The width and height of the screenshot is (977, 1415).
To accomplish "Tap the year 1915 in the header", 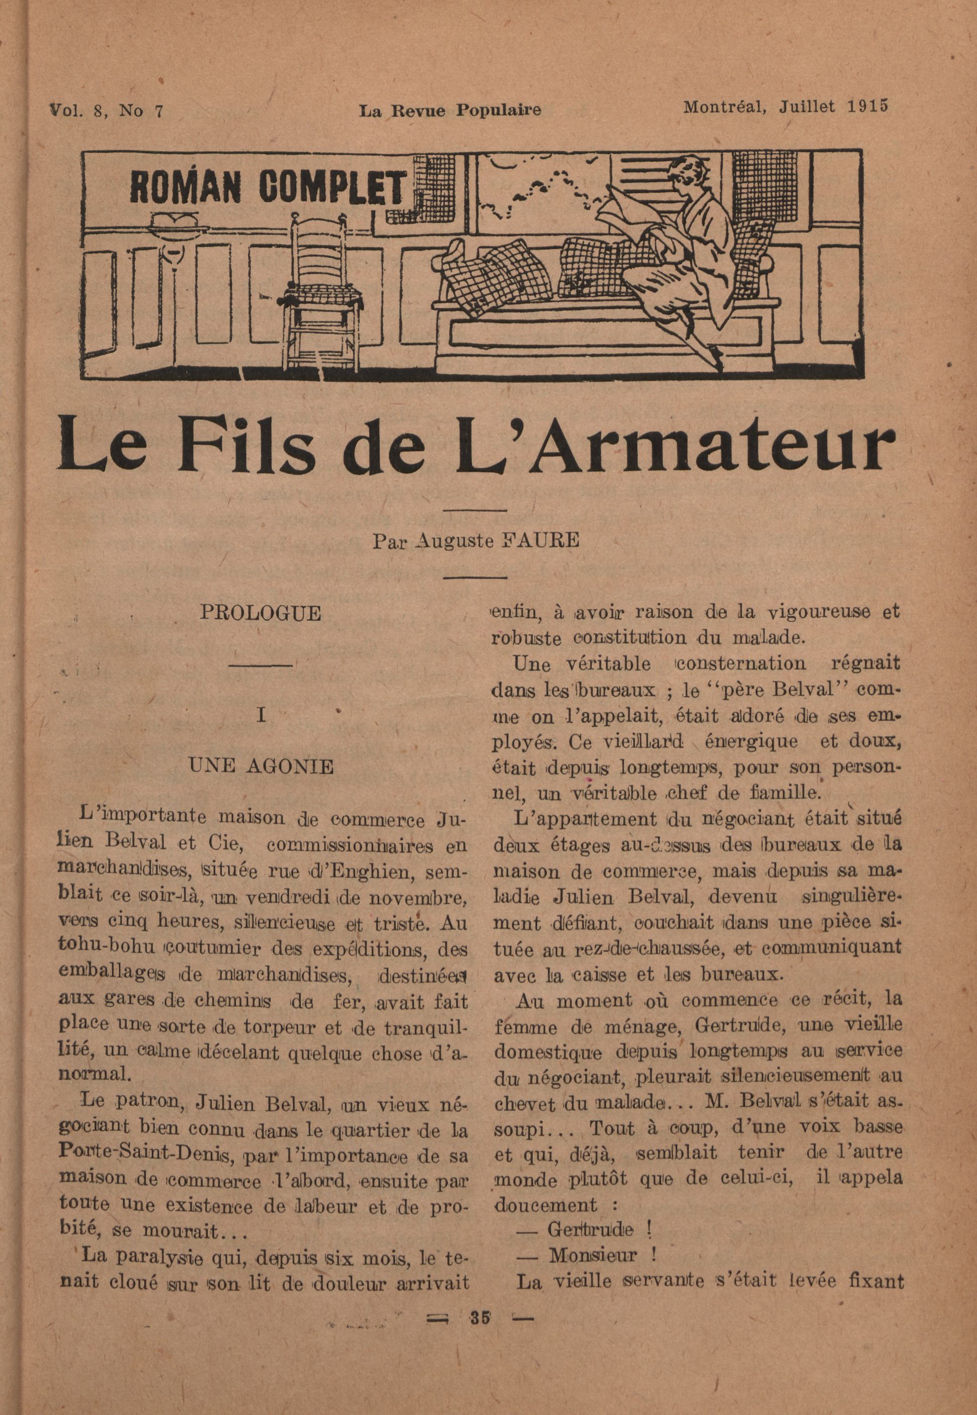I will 868,106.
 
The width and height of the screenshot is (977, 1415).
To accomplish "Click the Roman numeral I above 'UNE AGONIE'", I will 261,715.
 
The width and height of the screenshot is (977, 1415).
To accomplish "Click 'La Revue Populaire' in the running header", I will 450,110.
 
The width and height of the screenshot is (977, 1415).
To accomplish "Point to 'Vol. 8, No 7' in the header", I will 106,111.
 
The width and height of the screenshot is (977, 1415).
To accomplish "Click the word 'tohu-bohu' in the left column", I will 103,950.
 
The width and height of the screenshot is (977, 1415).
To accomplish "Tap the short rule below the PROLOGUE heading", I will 261,665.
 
